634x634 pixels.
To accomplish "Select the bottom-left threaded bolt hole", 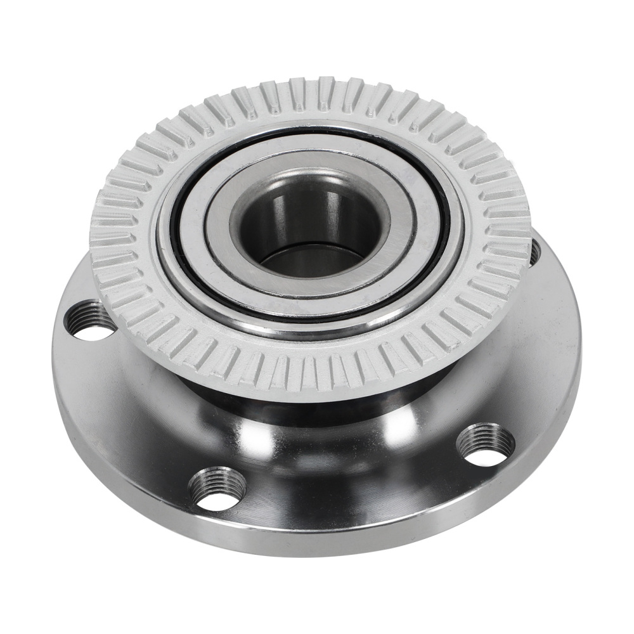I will pyautogui.click(x=217, y=488).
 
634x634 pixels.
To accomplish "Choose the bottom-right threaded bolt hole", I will pyautogui.click(x=485, y=444).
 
